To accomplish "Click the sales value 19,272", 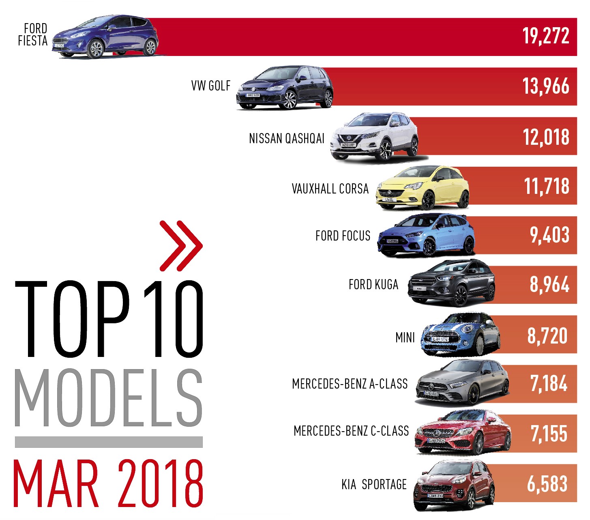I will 545,37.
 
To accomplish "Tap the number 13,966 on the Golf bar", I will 545,86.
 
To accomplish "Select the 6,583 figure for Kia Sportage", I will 547,483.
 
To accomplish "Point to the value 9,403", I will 549,235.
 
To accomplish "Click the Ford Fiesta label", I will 33,35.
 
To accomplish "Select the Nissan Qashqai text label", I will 287,139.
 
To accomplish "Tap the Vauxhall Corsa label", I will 330,189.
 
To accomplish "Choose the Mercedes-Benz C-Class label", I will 351,431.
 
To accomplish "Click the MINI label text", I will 405,337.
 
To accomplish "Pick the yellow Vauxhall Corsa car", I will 423,187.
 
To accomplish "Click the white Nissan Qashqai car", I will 374,138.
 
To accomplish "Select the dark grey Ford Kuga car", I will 451,284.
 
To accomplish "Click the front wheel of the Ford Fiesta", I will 96,49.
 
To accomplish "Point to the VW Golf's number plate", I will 253,95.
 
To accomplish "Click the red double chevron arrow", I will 181,245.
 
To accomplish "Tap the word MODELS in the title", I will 108,398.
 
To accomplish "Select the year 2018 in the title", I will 161,483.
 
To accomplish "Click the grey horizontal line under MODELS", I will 108,442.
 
